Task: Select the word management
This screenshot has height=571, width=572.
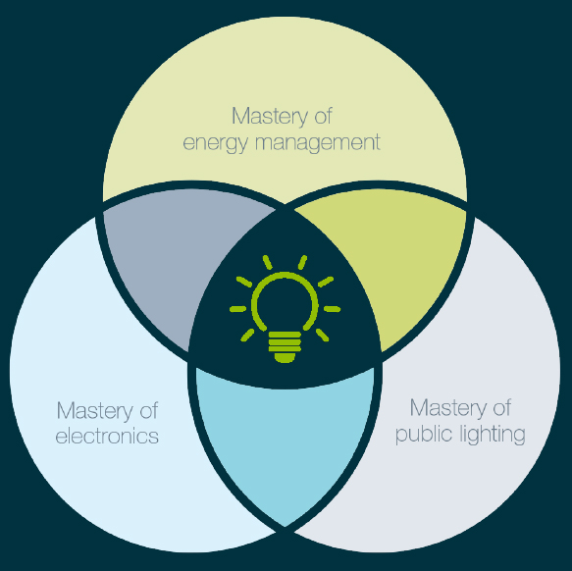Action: pos(318,143)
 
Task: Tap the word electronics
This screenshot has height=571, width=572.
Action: pos(107,436)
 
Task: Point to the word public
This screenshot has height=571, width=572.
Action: pos(424,435)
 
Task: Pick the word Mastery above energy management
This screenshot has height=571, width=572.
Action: pos(270,117)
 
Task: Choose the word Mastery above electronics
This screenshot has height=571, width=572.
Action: pos(95,411)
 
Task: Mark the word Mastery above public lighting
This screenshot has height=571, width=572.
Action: pos(448,408)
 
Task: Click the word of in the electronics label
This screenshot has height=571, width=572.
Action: pos(149,410)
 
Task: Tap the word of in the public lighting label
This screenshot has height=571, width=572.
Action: pos(502,407)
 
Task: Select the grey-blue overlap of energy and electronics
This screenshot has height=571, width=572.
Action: pos(179,255)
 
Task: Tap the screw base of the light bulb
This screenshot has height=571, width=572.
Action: pos(285,347)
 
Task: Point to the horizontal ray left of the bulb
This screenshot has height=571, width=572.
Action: pos(237,309)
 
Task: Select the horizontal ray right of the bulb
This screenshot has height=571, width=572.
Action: pos(332,309)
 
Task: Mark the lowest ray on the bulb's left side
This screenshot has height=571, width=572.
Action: pos(247,335)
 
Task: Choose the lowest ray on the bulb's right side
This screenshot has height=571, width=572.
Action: pos(323,335)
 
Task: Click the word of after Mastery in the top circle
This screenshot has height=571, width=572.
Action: pos(323,116)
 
